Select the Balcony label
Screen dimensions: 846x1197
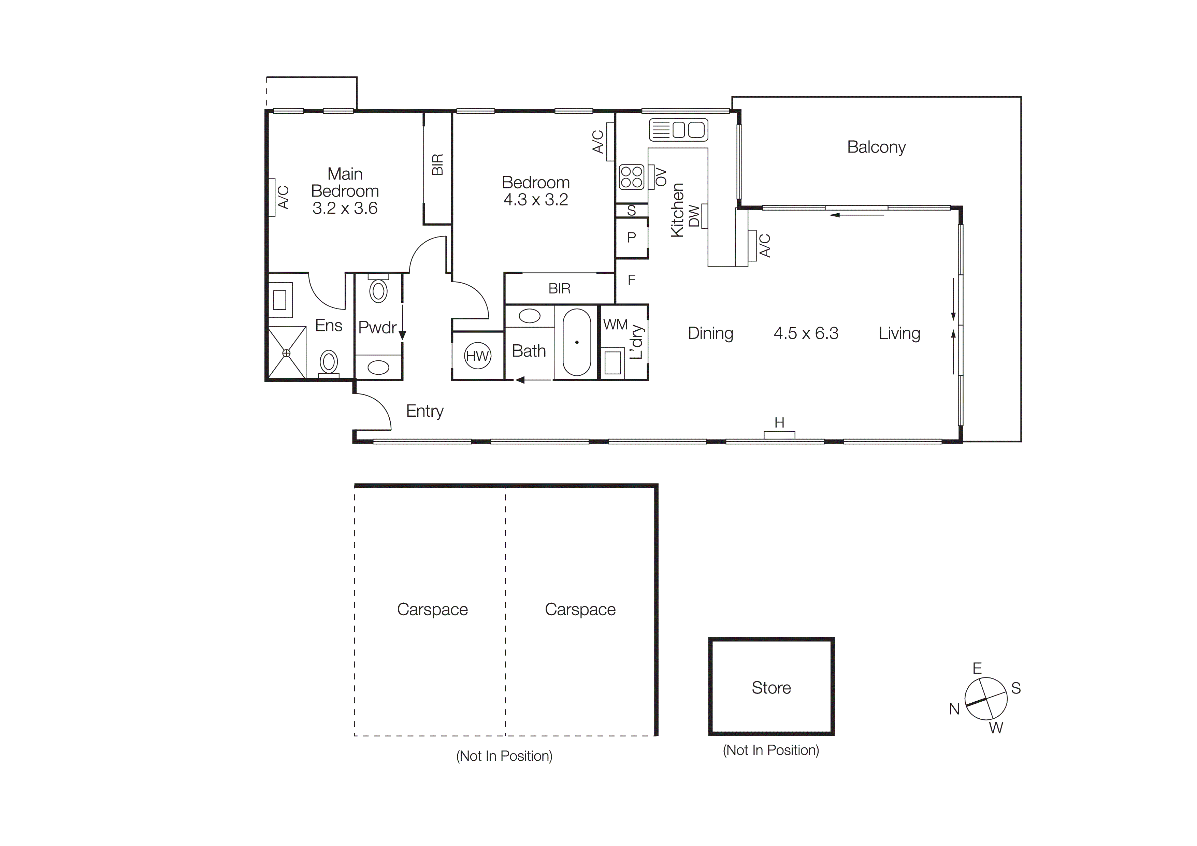click(x=876, y=147)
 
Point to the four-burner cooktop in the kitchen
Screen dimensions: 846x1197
click(x=631, y=177)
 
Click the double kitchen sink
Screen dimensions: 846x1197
click(x=679, y=130)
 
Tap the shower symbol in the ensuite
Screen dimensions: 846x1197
click(x=286, y=353)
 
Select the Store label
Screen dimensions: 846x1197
click(x=771, y=688)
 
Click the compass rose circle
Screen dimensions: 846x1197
click(x=985, y=699)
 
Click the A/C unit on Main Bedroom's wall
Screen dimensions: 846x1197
click(x=272, y=197)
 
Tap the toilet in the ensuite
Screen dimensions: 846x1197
click(x=329, y=362)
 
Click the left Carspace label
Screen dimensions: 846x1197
click(x=432, y=610)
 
